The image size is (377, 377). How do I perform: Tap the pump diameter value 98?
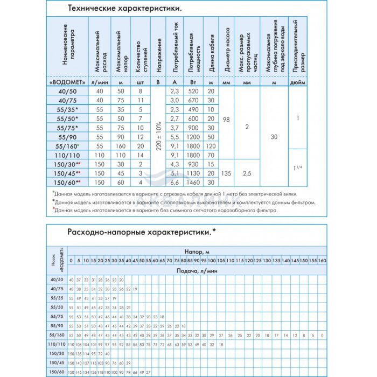(226, 119)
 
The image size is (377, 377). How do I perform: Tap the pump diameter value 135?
(226, 173)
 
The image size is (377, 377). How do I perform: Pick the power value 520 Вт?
(194, 92)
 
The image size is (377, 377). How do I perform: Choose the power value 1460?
(194, 183)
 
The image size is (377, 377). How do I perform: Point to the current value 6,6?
(174, 183)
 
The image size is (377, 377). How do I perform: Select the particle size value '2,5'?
(247, 173)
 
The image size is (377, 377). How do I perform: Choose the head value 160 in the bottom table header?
(323, 261)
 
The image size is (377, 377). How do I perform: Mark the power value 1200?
(194, 137)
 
